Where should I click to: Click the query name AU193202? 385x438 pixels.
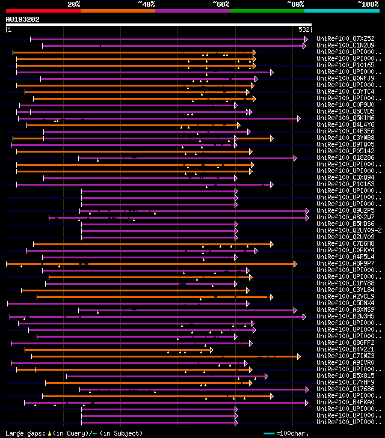point(23,19)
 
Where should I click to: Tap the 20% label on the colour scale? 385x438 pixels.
point(74,4)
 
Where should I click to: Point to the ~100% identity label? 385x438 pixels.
point(368,4)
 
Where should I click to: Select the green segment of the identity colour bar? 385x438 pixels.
point(266,11)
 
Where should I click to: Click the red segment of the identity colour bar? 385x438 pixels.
point(43,11)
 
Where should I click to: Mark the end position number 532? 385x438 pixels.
point(304,29)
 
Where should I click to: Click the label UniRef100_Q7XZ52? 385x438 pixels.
point(345,39)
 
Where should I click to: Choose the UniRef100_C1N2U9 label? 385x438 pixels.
point(345,46)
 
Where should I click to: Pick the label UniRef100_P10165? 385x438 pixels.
point(345,65)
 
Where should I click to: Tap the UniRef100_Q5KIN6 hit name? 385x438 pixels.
point(345,118)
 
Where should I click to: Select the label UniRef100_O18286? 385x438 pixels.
point(345,158)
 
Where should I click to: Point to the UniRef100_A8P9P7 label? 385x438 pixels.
point(345,264)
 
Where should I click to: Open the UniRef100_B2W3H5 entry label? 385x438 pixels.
point(345,317)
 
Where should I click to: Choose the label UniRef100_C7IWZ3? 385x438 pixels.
point(345,356)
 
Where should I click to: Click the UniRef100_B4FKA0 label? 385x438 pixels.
point(345,403)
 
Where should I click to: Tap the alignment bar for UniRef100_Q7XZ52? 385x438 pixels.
point(168,39)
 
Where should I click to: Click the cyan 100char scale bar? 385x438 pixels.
point(269,433)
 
